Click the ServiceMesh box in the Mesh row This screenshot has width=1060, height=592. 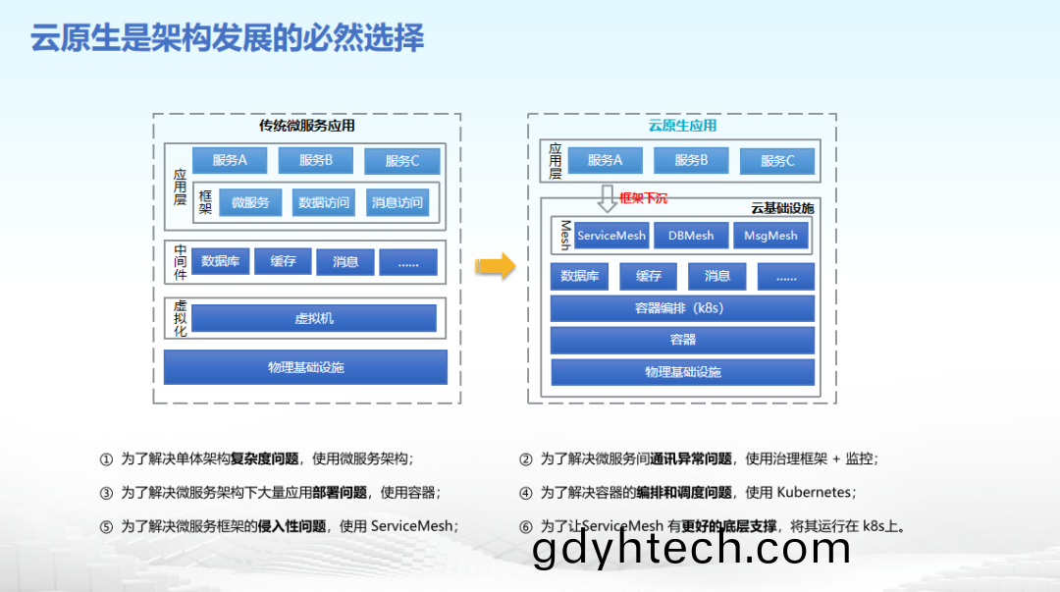click(x=611, y=236)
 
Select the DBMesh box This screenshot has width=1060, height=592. click(x=691, y=236)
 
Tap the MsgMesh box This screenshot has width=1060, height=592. click(x=770, y=236)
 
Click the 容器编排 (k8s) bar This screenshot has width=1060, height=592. click(x=682, y=308)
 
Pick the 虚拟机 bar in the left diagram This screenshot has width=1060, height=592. click(x=314, y=318)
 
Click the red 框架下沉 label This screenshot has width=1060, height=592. click(x=643, y=198)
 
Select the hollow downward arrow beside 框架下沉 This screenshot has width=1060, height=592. click(x=608, y=198)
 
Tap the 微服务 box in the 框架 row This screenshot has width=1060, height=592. click(x=250, y=202)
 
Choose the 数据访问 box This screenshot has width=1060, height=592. click(x=324, y=202)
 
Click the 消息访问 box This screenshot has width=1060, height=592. click(x=397, y=202)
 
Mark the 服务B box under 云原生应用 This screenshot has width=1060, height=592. click(x=691, y=160)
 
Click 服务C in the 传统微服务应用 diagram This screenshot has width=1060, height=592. click(x=402, y=161)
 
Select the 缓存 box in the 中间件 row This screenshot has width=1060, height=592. click(x=283, y=261)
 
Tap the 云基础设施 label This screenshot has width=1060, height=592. click(x=783, y=208)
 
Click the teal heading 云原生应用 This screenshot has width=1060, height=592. click(x=682, y=126)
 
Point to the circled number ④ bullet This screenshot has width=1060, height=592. click(x=525, y=493)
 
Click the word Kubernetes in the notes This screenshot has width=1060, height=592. click(x=814, y=492)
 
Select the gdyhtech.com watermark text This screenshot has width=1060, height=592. click(x=691, y=549)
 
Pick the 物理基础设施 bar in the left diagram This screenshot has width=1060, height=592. click(x=305, y=367)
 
